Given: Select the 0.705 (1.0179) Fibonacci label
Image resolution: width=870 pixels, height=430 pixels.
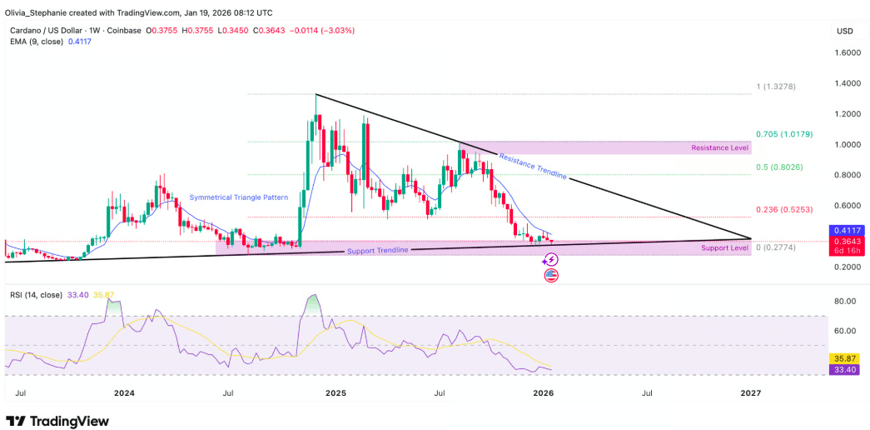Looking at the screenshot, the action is click(x=783, y=134).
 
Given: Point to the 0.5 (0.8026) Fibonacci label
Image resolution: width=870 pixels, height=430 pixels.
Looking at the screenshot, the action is click(x=779, y=167).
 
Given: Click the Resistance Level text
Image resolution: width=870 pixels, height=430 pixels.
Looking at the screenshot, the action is click(x=719, y=148).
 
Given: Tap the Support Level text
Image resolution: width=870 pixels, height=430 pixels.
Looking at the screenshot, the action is click(x=724, y=247).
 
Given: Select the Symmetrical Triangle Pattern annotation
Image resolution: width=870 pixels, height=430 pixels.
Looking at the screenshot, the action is click(x=239, y=197).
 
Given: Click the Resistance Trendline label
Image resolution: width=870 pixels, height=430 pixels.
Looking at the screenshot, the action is click(x=533, y=166).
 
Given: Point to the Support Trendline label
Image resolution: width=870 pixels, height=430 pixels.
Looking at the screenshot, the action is click(x=378, y=251).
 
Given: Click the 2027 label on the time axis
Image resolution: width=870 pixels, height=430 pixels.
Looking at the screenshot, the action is click(x=751, y=392).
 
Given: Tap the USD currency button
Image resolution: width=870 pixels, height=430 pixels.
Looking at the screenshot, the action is click(x=844, y=31).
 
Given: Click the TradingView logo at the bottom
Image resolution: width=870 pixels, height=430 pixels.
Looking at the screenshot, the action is click(x=57, y=421).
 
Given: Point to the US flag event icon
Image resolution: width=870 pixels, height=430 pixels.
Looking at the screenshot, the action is click(x=551, y=275).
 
